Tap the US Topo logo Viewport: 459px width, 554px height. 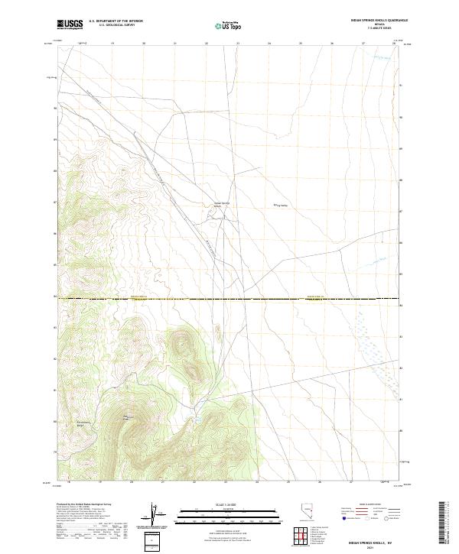pos(223,25)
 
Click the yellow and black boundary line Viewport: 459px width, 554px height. pos(229,299)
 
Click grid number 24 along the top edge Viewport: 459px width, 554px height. pos(269,44)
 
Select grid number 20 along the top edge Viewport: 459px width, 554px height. pos(145,44)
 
